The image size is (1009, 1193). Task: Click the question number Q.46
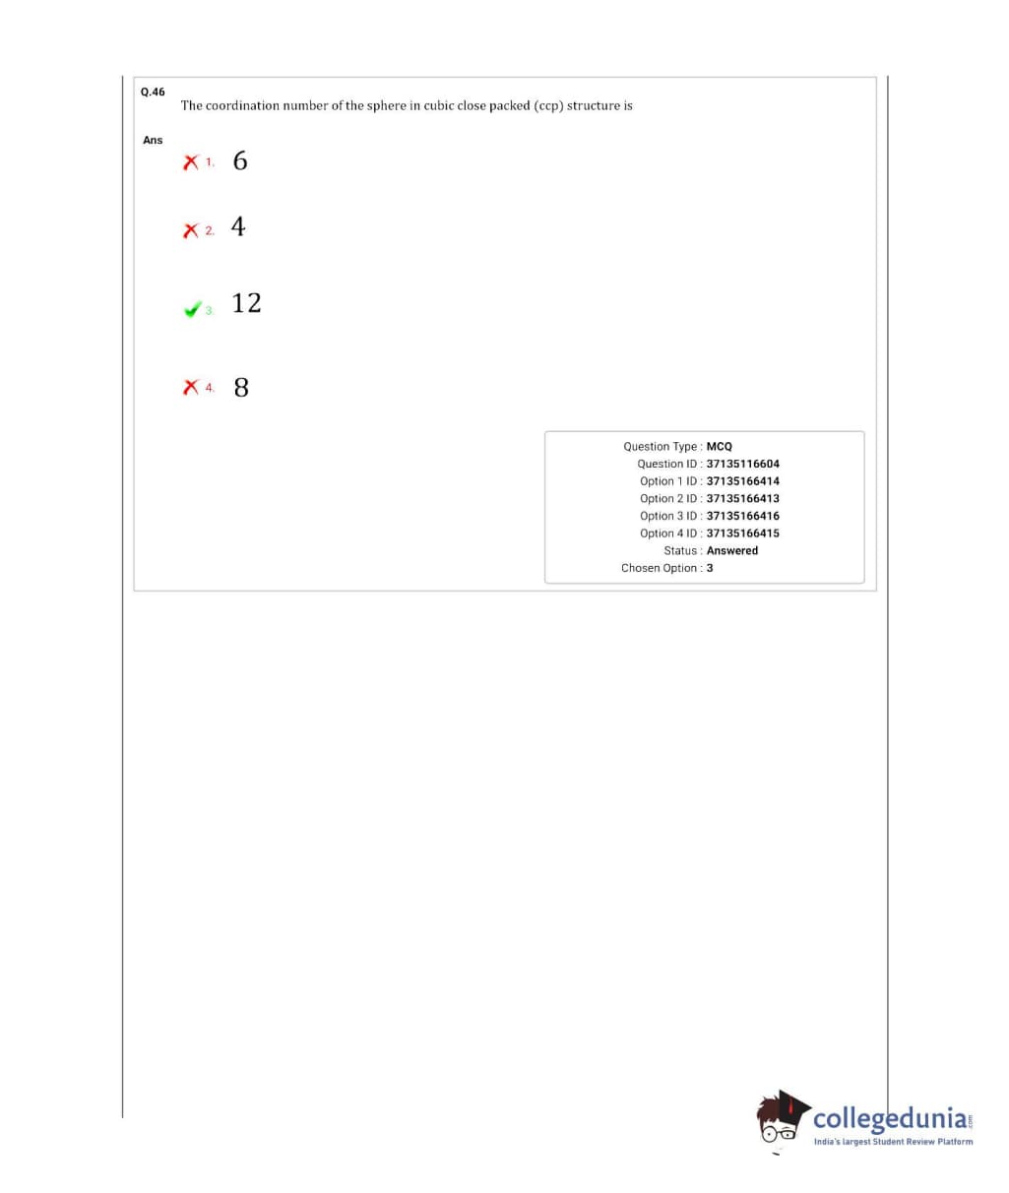click(153, 92)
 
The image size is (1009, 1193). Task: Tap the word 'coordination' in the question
click(243, 105)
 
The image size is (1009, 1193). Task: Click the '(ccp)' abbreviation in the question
click(548, 105)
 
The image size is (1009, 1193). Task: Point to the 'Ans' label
click(153, 140)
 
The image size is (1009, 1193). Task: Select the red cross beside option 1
click(191, 161)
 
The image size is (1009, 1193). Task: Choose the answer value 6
click(240, 160)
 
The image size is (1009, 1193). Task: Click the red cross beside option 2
click(191, 230)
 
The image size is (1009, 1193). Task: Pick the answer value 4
click(238, 226)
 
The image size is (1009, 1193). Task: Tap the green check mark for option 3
click(192, 309)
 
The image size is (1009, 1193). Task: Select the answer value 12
click(247, 302)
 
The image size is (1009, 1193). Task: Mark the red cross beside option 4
click(191, 388)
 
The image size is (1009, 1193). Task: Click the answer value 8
click(241, 387)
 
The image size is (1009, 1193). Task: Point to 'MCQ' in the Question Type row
click(720, 446)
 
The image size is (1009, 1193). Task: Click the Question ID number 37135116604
click(743, 464)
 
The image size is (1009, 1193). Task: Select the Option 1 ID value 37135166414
click(743, 481)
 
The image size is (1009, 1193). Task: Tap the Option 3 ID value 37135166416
click(743, 516)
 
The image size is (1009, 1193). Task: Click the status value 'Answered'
click(732, 550)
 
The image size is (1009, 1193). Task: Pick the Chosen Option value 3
click(710, 568)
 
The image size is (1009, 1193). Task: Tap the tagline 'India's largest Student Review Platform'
click(893, 1142)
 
